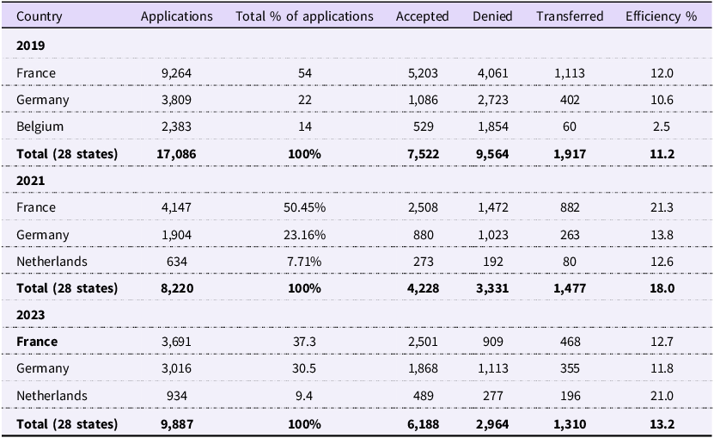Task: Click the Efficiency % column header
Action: tap(662, 16)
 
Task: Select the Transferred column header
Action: tap(570, 16)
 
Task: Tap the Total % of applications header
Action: tap(304, 16)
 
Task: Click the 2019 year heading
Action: tap(31, 46)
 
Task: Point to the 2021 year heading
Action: tap(31, 181)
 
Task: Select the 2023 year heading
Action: tap(31, 315)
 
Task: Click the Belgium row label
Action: tap(40, 126)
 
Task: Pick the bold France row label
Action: tap(37, 342)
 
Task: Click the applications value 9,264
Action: tap(176, 73)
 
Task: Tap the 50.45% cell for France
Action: tap(304, 207)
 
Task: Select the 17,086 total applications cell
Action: tap(176, 154)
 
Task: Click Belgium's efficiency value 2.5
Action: tap(662, 126)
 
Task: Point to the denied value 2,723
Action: tap(492, 100)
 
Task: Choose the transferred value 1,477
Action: tap(570, 288)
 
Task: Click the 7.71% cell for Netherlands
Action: tap(304, 262)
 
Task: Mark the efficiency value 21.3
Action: tap(662, 207)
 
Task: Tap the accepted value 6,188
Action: tap(423, 424)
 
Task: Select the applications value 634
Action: tap(176, 262)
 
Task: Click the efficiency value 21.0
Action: tap(662, 396)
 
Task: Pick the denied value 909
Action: tap(492, 342)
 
